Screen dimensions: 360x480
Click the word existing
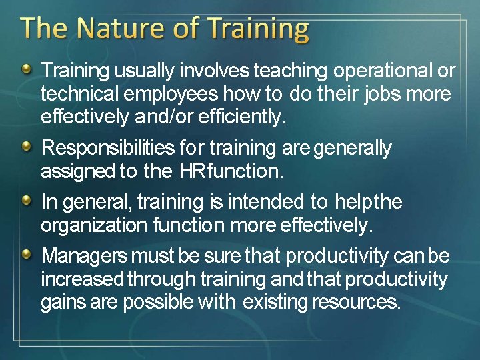[x=275, y=303]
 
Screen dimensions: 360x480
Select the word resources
[x=356, y=303]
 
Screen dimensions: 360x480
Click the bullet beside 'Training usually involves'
[x=25, y=68]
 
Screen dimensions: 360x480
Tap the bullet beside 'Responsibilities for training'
[x=25, y=146]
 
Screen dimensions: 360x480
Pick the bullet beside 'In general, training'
[x=25, y=199]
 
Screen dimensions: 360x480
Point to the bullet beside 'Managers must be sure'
[x=25, y=254]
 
